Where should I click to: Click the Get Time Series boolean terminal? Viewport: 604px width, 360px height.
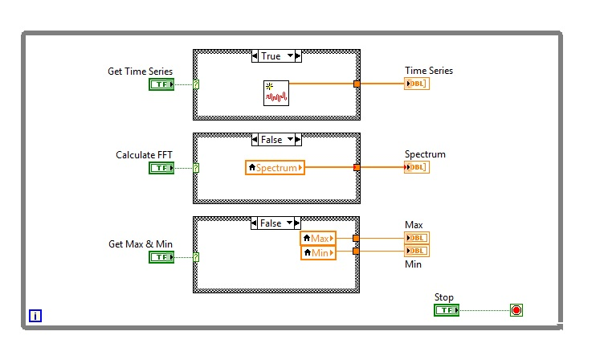(161, 84)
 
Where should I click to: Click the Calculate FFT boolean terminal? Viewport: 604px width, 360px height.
(161, 168)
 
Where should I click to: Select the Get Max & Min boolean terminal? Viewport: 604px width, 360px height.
(161, 257)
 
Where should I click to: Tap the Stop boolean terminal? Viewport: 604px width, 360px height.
(446, 310)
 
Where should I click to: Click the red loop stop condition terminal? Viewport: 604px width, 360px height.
(516, 310)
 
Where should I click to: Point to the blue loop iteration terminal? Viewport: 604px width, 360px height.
(35, 317)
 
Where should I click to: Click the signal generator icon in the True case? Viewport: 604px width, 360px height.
(275, 93)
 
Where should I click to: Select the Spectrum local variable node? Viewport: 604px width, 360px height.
(275, 168)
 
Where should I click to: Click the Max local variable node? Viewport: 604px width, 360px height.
(318, 238)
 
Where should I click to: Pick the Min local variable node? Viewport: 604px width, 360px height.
(318, 252)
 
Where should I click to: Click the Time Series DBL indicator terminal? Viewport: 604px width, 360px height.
(417, 84)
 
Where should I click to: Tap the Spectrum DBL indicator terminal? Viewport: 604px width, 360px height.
(417, 167)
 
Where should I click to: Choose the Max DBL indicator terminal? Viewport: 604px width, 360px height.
(417, 238)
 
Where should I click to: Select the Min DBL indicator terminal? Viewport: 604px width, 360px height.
(417, 251)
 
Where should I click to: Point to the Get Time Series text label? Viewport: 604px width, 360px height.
(140, 72)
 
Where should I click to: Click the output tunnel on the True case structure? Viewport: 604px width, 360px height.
(357, 84)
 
